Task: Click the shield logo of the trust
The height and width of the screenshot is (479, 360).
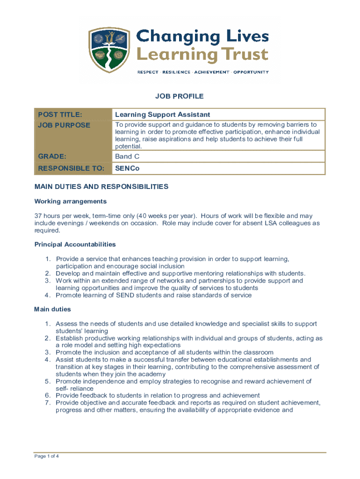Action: point(108,50)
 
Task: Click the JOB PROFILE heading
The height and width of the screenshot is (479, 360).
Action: point(180,96)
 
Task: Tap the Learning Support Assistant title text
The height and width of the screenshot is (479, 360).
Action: point(163,115)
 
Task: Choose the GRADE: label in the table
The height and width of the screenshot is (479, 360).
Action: point(52,157)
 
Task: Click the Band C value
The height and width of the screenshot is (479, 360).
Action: point(127,157)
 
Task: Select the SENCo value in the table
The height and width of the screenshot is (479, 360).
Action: point(127,168)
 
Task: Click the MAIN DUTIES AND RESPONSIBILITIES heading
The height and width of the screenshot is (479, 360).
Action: point(101,187)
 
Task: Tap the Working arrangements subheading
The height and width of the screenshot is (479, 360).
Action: point(71,201)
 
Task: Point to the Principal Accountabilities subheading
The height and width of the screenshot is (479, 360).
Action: point(75,244)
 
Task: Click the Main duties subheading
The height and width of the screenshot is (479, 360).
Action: point(52,309)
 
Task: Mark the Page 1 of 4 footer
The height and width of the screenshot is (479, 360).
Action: point(46,457)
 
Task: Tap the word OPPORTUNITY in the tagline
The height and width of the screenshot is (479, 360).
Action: point(251,72)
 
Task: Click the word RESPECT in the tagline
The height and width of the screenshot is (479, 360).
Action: point(147,72)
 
